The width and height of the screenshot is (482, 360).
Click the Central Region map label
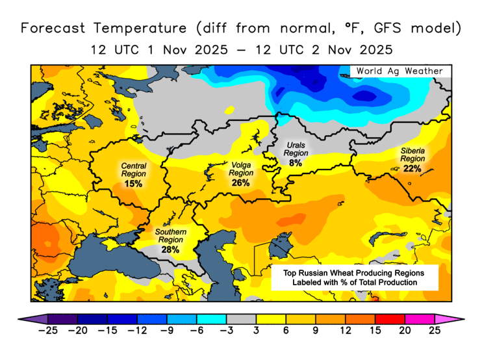click(134, 170)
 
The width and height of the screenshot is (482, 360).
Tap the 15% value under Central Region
click(133, 184)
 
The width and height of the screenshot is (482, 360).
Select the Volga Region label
click(241, 169)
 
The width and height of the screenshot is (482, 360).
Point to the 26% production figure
click(240, 183)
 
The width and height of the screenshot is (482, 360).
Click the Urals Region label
click(296, 149)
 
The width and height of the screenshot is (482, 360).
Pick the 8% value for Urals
click(296, 163)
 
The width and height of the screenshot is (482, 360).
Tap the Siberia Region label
click(412, 155)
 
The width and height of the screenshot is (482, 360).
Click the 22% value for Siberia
click(412, 168)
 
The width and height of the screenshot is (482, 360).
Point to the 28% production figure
click(171, 250)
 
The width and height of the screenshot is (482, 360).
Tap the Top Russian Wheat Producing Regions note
click(354, 277)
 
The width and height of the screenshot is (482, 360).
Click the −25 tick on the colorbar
click(48, 331)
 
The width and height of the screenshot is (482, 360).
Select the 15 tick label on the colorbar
click(375, 331)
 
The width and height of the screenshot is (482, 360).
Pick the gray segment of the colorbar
click(241, 318)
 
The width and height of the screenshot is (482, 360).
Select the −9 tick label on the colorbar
click(166, 331)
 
